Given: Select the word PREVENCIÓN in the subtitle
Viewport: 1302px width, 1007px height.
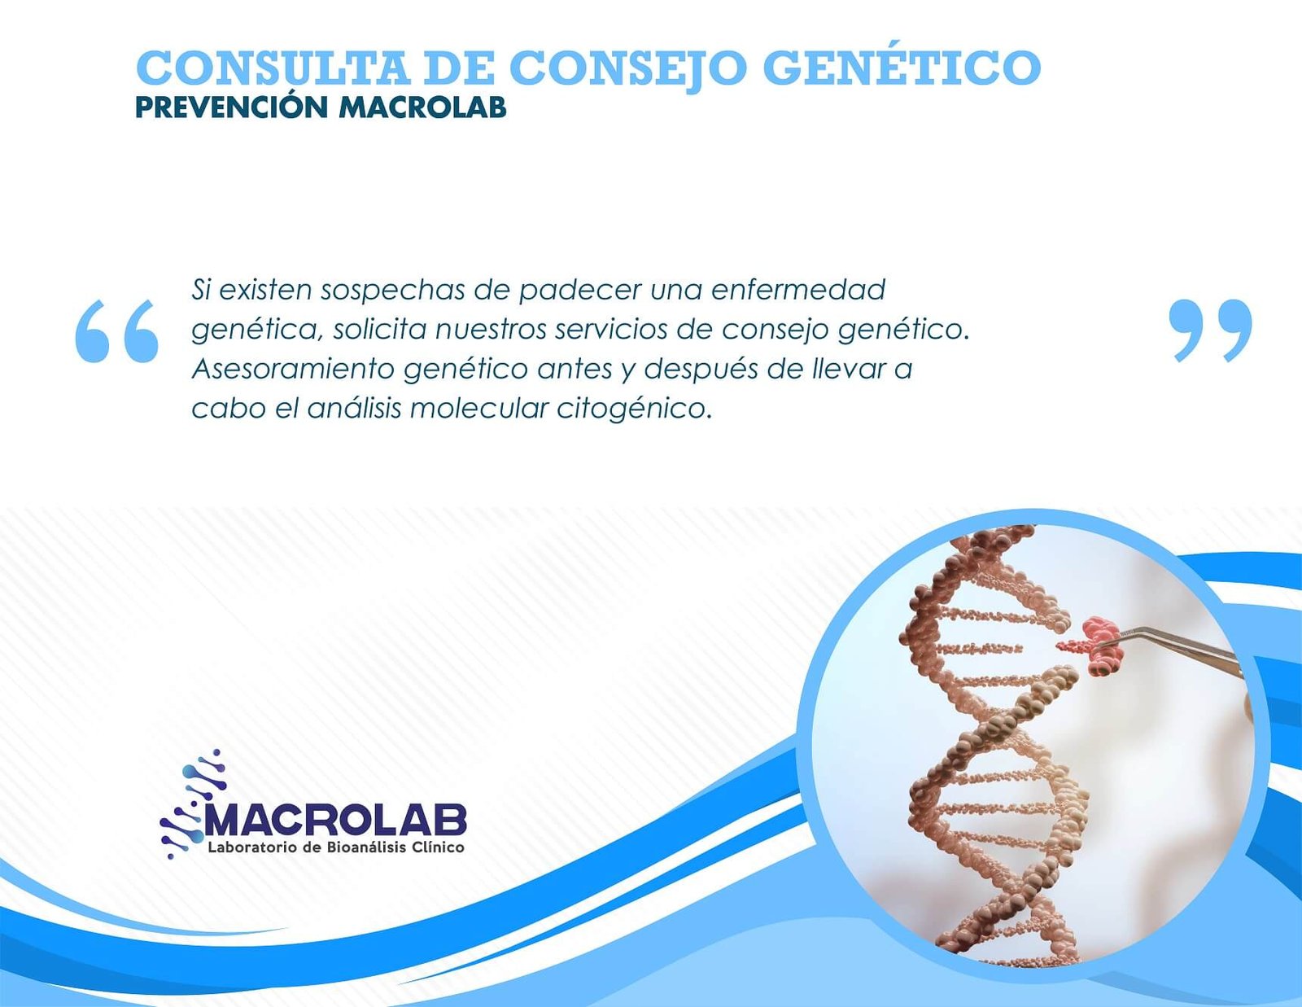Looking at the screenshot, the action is point(232,107).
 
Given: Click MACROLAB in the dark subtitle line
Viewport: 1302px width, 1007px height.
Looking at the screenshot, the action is point(422,108).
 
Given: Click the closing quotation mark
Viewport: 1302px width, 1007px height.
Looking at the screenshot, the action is point(1211,331).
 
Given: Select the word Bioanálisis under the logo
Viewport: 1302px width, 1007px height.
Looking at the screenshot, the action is point(356,848).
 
